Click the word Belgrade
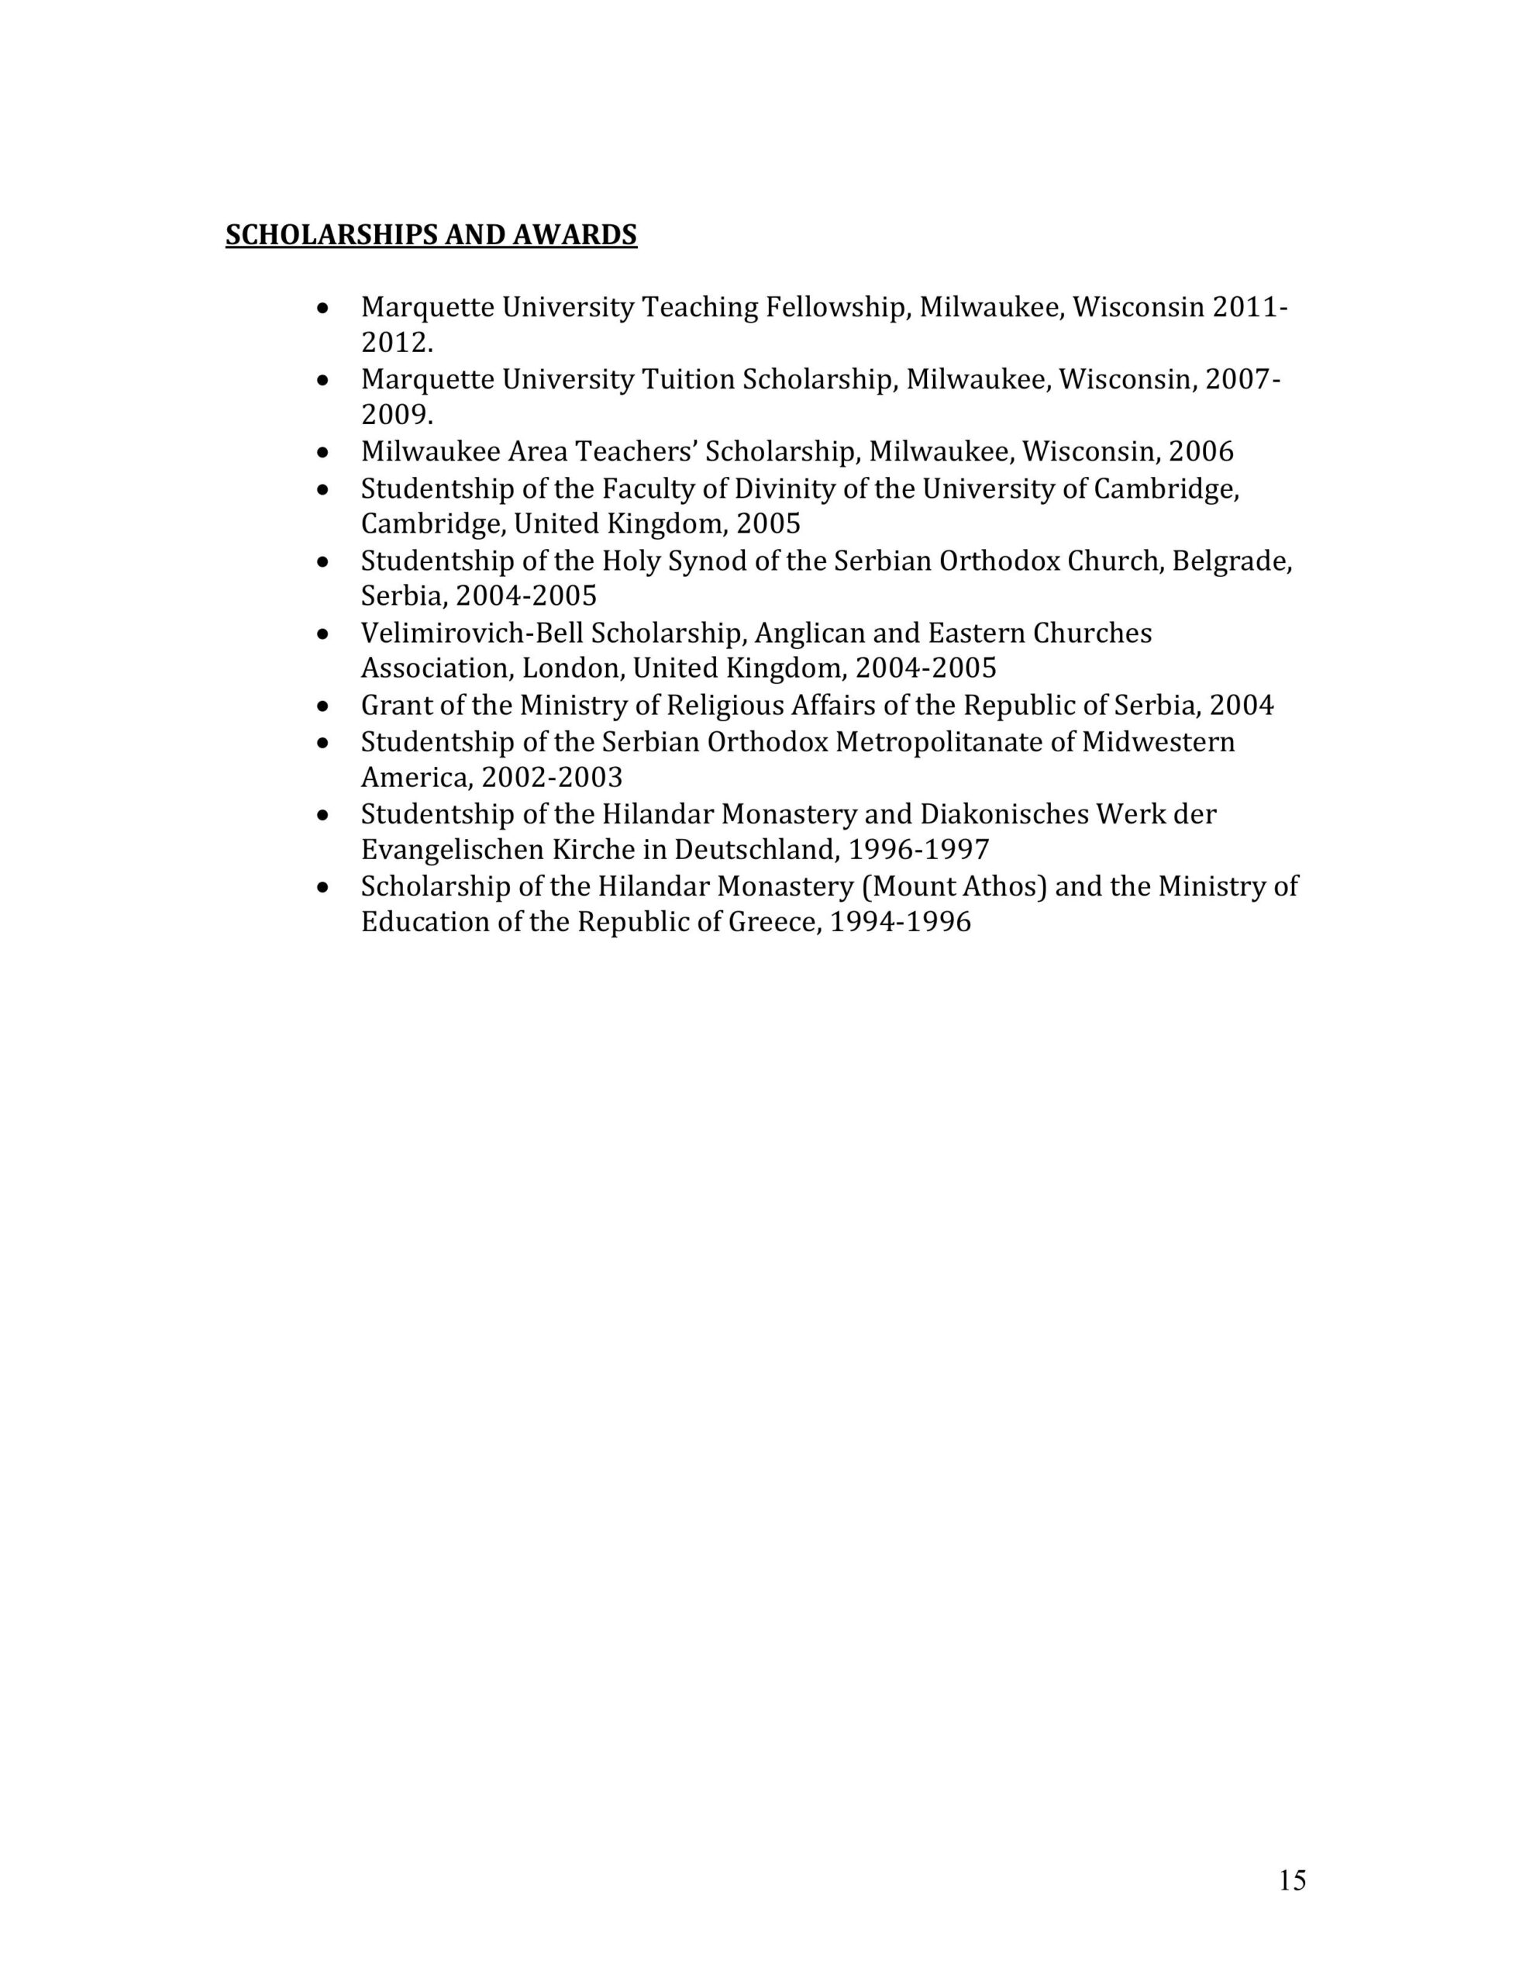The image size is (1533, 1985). (x=1232, y=561)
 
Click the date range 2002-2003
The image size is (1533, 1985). (x=552, y=777)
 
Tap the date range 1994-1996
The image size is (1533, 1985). (x=901, y=922)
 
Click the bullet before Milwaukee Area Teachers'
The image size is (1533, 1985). (x=322, y=452)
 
